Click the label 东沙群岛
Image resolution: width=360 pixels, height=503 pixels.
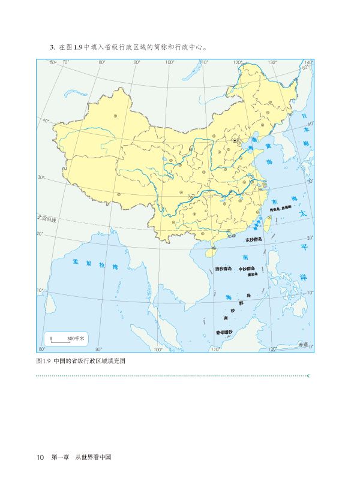coord(254,239)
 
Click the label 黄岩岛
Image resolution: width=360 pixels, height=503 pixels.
coord(253,275)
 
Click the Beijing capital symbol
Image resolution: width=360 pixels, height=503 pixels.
coord(235,141)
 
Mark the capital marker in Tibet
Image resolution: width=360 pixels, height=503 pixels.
coord(119,194)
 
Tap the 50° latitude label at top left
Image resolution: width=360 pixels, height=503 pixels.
coord(52,62)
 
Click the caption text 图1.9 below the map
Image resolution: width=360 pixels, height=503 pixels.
coord(43,362)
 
